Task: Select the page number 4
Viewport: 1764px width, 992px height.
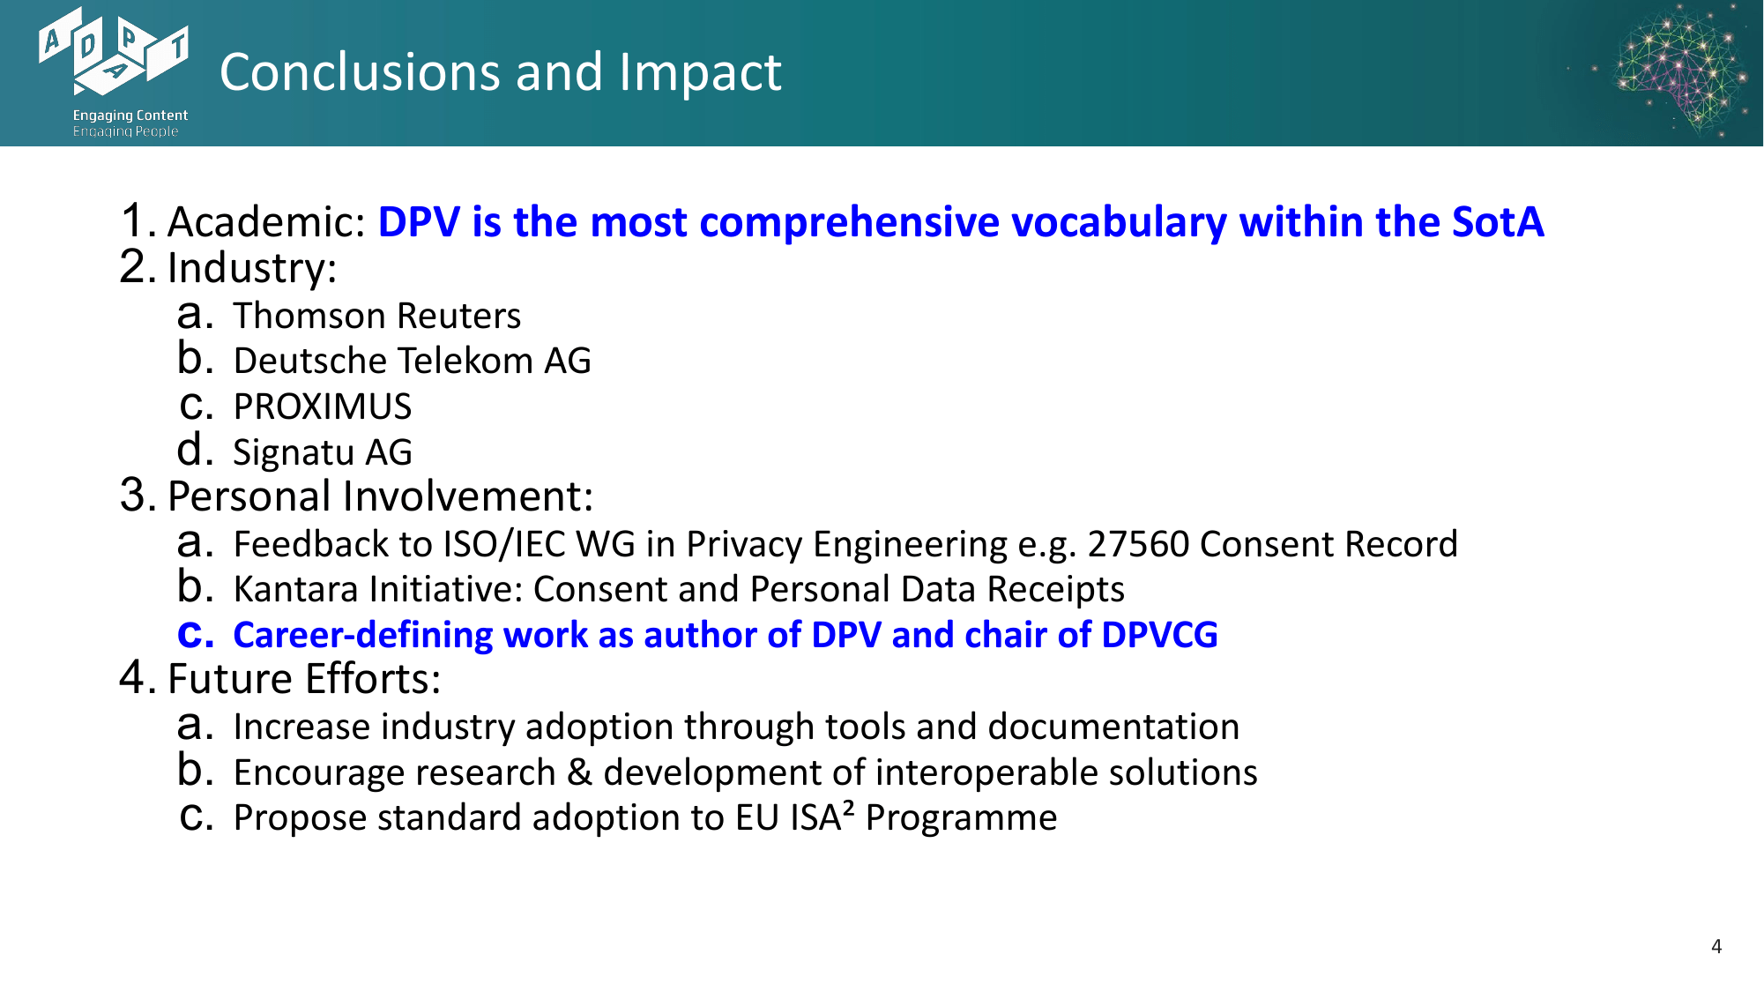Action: point(1716,946)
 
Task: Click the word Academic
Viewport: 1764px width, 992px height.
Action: point(266,221)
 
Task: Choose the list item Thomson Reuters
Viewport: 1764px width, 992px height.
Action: point(377,316)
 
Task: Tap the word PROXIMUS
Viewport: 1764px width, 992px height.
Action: point(323,406)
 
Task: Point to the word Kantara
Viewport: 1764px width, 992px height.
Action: point(296,589)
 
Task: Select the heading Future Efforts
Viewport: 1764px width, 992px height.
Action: point(304,679)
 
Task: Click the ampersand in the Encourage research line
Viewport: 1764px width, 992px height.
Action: point(579,772)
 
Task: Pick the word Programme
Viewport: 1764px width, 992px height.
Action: point(962,818)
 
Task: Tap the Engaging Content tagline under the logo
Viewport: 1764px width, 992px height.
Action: point(130,116)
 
